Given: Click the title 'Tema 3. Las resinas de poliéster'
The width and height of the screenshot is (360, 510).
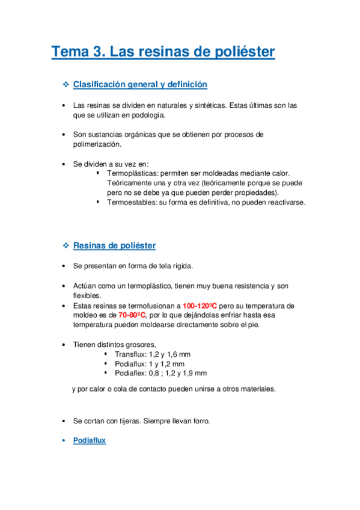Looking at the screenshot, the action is pyautogui.click(x=163, y=52).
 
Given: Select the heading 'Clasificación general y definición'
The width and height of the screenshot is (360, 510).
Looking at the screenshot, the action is pyautogui.click(x=140, y=85).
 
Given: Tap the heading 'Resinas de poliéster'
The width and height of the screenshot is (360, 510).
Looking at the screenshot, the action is pyautogui.click(x=114, y=245).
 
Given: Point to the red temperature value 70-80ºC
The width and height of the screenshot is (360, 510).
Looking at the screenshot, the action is pyautogui.click(x=132, y=315).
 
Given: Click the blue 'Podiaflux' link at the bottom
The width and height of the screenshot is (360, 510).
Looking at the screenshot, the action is pyautogui.click(x=89, y=440).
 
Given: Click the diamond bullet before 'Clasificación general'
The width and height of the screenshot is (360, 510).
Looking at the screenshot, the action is pyautogui.click(x=66, y=85).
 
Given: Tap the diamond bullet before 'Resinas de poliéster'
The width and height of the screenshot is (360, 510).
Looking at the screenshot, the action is pyautogui.click(x=66, y=245).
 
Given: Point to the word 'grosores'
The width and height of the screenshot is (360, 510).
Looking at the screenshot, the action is pyautogui.click(x=140, y=345).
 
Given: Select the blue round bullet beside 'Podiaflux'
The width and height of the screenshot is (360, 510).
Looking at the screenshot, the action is pyautogui.click(x=65, y=440).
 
